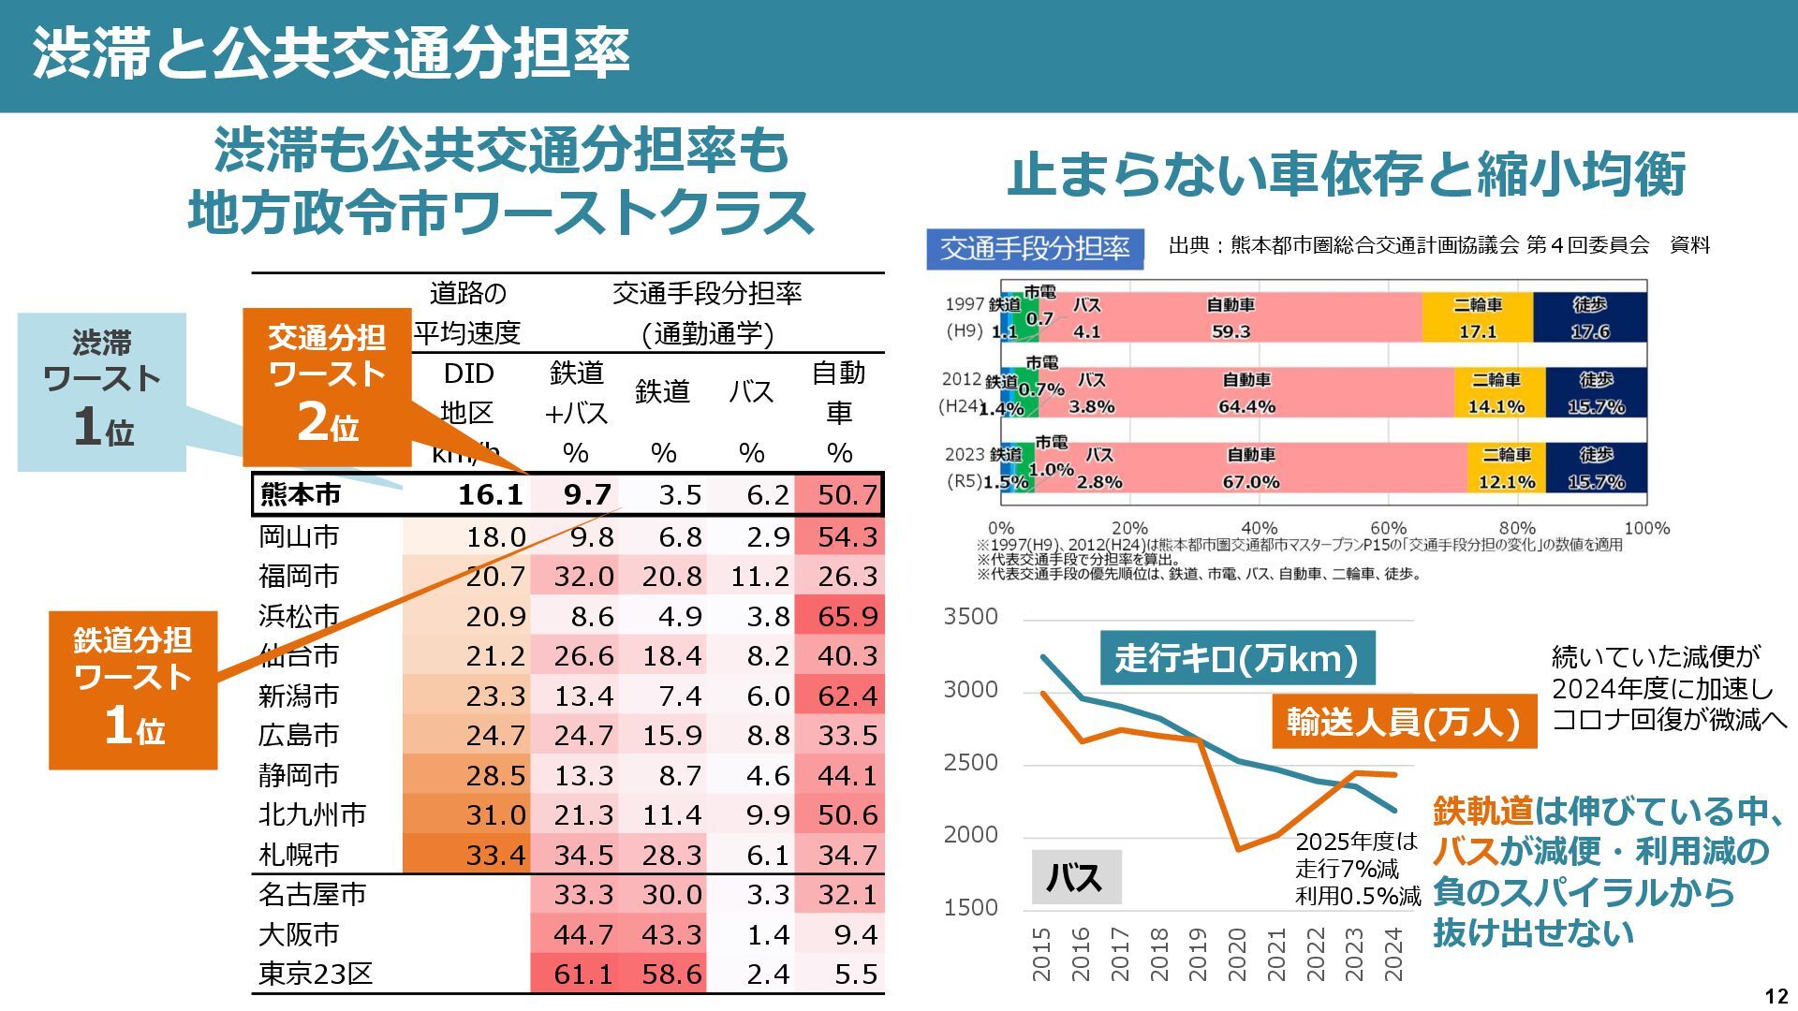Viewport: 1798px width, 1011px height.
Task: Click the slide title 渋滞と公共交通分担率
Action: pos(331,53)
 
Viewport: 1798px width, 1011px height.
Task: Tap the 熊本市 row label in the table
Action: pos(300,494)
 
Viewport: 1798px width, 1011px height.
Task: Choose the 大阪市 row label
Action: pos(299,934)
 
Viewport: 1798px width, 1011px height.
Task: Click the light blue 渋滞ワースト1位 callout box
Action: pos(102,391)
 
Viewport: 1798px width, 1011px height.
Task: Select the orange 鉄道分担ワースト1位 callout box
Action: pos(133,690)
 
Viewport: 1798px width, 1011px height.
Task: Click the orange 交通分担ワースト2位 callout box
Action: pos(327,386)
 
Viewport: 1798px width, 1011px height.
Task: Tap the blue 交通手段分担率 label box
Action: pos(1035,249)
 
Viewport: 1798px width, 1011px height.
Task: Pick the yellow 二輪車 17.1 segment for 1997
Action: pos(1477,318)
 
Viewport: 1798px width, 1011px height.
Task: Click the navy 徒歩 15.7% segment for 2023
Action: pos(1596,468)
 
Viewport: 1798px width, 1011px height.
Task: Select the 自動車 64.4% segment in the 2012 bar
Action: pos(1246,393)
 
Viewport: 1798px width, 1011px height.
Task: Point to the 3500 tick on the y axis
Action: pos(970,617)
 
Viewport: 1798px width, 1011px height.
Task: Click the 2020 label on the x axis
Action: pos(1237,953)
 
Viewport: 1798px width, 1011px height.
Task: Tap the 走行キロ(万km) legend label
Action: pos(1236,659)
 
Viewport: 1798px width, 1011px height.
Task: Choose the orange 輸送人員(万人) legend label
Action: pos(1403,722)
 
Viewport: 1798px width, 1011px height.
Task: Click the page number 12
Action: pos(1776,996)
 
